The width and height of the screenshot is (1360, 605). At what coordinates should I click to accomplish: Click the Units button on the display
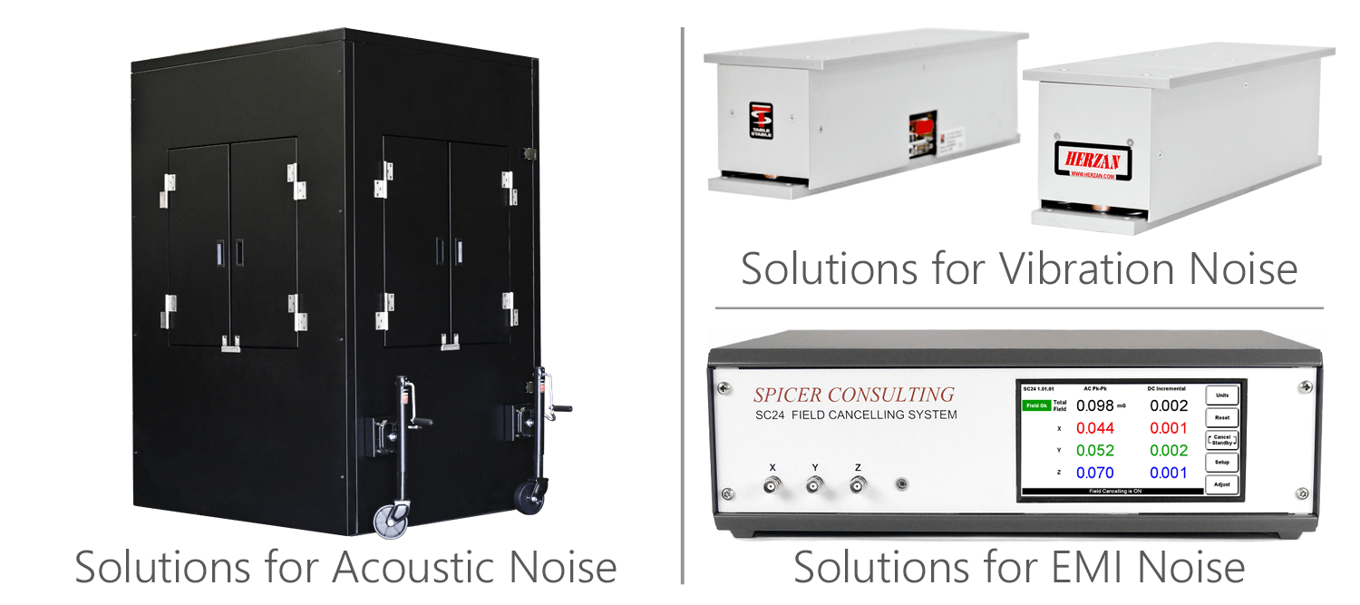(x=1221, y=395)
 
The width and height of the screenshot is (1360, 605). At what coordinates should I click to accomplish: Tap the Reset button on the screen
(x=1221, y=418)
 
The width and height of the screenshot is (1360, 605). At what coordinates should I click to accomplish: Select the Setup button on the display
(x=1221, y=463)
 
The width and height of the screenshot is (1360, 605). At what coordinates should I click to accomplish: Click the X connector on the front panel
(x=772, y=487)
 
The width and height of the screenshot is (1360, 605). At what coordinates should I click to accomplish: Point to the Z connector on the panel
(x=857, y=487)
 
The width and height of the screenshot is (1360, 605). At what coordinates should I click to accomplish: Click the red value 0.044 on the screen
(x=1094, y=428)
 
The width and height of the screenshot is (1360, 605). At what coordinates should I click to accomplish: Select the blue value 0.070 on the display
(x=1094, y=473)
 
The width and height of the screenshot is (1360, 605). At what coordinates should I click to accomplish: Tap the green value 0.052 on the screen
(x=1094, y=451)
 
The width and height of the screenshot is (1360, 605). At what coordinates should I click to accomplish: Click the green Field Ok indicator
(x=1036, y=405)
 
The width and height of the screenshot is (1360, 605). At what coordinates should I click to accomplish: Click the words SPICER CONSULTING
(x=854, y=395)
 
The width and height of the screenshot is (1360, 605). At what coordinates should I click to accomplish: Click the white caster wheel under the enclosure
(x=393, y=520)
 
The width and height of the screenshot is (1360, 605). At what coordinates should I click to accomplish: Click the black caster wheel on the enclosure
(x=529, y=497)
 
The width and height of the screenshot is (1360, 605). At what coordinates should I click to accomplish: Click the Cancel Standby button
(x=1221, y=440)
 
